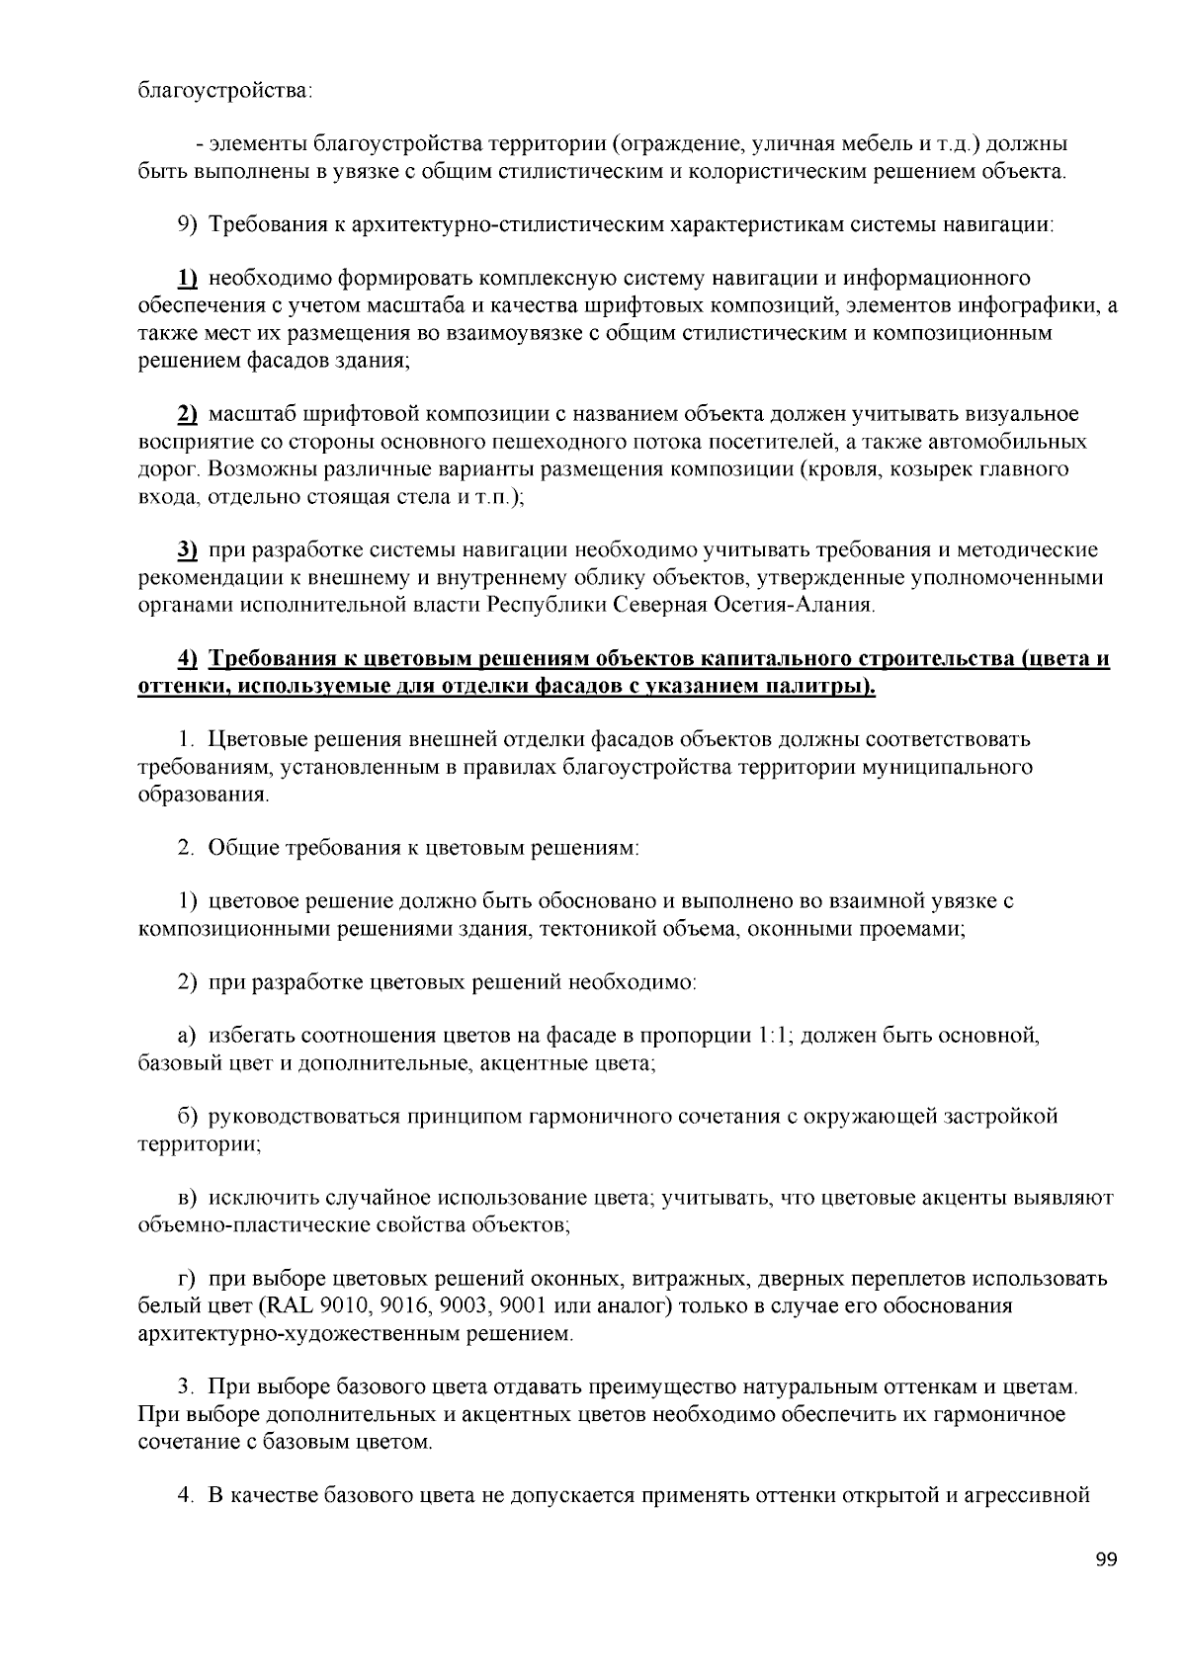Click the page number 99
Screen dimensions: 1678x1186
click(1107, 1560)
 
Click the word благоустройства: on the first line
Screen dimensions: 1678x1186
click(224, 92)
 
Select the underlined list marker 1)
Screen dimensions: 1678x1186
click(187, 277)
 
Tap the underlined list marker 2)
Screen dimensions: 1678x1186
click(187, 413)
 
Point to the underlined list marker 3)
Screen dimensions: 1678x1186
click(187, 549)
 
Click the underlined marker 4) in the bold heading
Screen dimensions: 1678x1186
click(187, 658)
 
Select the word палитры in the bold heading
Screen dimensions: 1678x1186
click(819, 685)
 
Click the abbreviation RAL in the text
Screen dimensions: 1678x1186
click(284, 1306)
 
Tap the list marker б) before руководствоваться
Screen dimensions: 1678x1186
click(188, 1117)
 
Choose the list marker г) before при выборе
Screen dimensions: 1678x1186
click(187, 1279)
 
